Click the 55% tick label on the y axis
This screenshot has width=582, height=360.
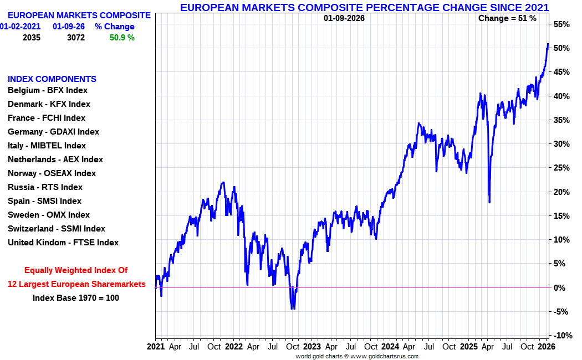[x=561, y=24]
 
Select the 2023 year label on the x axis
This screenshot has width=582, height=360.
[x=312, y=347]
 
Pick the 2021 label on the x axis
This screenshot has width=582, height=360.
[x=156, y=347]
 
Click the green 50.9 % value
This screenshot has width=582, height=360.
[x=121, y=38]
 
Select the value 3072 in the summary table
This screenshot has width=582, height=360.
[x=76, y=38]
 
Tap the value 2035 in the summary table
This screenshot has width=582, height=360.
[x=32, y=38]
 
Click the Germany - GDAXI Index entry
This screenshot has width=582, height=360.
[x=53, y=132]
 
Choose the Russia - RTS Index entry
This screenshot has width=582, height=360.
[x=45, y=187]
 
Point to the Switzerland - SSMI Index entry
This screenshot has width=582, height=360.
[x=56, y=229]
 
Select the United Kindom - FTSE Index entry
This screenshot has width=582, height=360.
[x=63, y=243]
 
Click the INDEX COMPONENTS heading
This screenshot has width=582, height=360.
[x=52, y=79]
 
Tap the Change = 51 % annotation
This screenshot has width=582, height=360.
[x=507, y=18]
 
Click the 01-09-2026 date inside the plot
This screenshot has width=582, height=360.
[x=344, y=18]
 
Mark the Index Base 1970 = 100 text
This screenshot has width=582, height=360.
[x=76, y=297]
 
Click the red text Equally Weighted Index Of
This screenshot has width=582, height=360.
[x=76, y=270]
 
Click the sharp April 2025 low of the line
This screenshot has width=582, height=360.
[x=489, y=202]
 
